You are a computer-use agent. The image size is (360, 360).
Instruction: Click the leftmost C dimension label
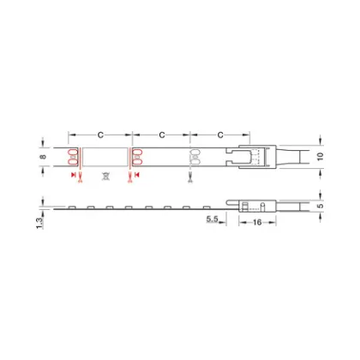point(100,135)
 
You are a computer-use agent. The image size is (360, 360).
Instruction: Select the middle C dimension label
point(160,135)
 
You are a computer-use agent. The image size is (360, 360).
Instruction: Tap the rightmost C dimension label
point(221,135)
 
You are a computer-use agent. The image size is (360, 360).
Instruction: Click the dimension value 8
point(44,158)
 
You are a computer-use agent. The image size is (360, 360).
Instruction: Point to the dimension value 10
point(321,157)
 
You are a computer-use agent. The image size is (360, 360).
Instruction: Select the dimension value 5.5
point(215,222)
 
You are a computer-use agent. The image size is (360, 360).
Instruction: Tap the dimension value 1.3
point(44,223)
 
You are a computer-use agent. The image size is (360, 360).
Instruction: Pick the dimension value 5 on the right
point(321,206)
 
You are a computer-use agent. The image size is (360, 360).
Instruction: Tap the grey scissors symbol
point(190,177)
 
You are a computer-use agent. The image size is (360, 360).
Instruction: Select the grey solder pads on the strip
point(195,157)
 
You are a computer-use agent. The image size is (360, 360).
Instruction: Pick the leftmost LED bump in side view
point(89,207)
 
